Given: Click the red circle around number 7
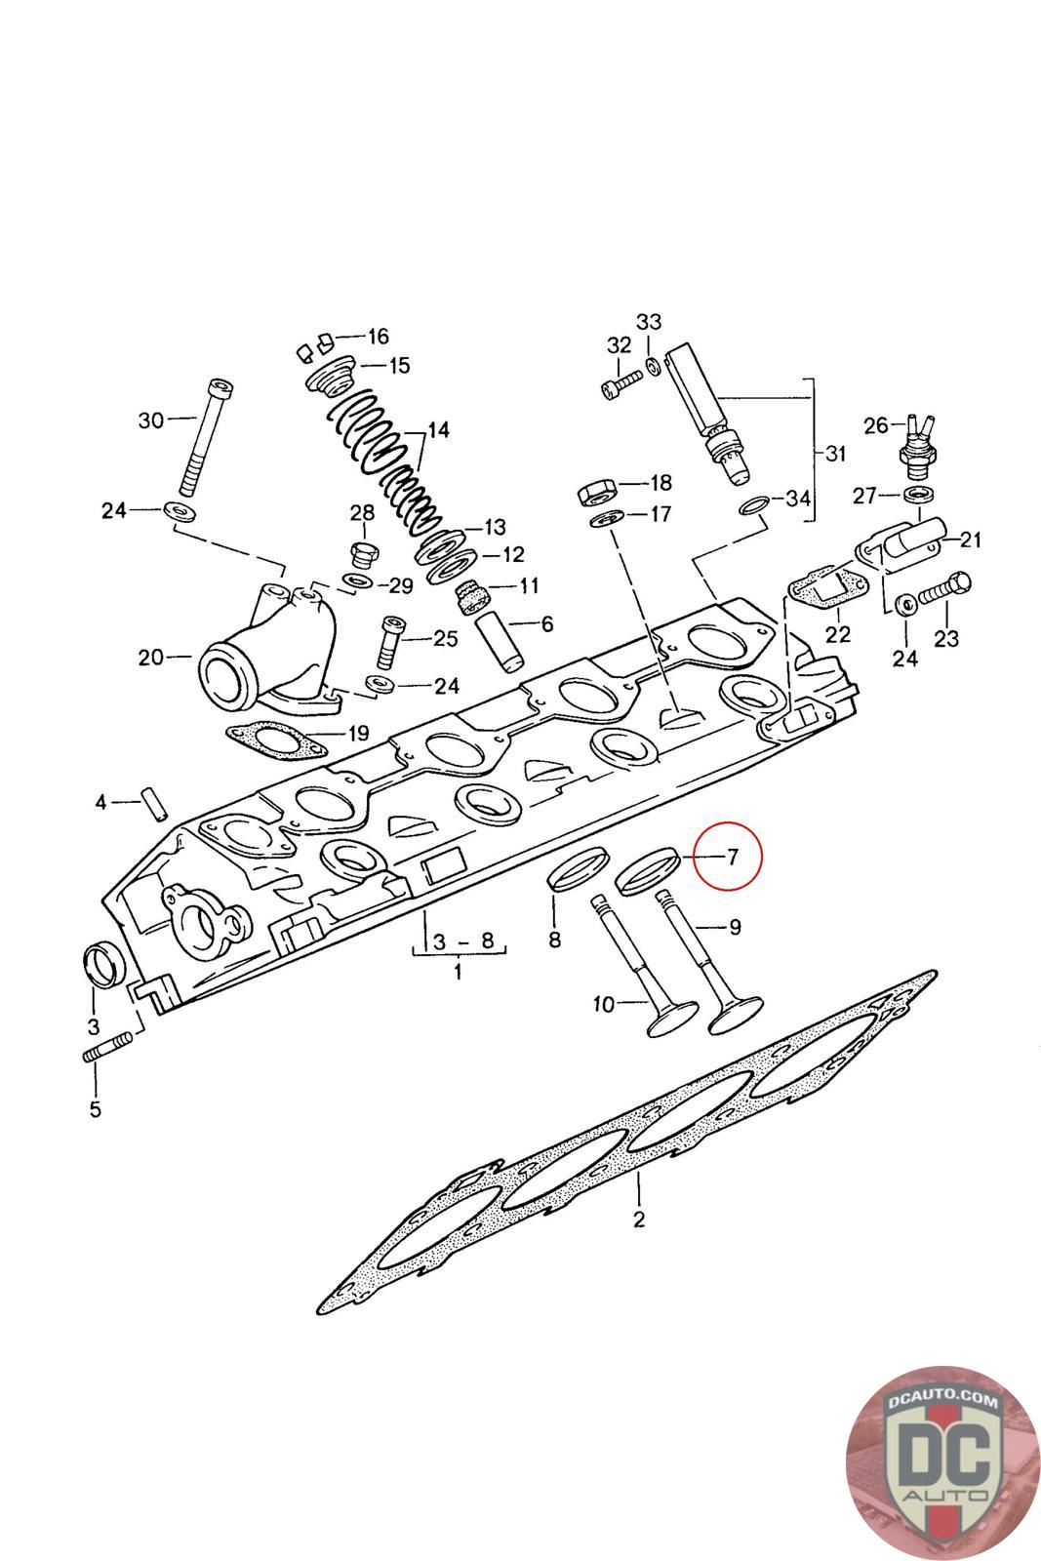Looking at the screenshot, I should (x=732, y=858).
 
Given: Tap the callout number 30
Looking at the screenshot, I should (x=151, y=420).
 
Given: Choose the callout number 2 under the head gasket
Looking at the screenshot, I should (x=639, y=1219).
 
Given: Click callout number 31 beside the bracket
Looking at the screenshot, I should (x=835, y=455).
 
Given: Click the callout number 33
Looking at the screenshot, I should (x=649, y=322).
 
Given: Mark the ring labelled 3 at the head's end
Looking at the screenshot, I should (x=102, y=964).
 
